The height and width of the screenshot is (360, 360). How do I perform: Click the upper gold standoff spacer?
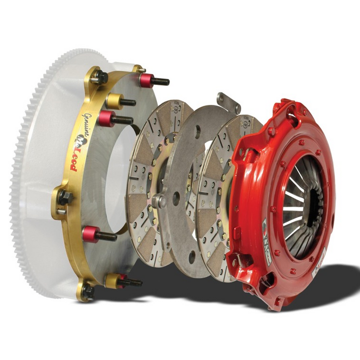coord(114,101)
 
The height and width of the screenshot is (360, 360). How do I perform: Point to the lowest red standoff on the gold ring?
coord(91,233)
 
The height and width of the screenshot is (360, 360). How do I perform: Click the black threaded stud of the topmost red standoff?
coord(161,82)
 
